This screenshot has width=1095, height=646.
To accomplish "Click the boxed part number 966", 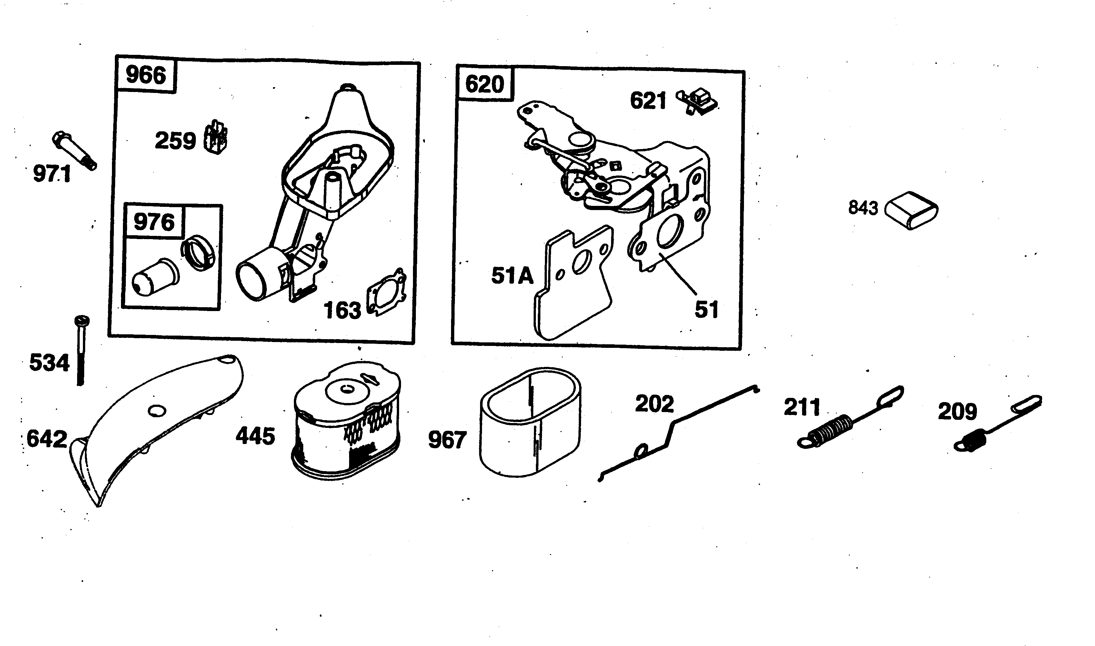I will point(146,75).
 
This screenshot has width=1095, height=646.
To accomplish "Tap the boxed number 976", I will point(154,222).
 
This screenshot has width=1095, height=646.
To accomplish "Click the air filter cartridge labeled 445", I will point(346,422).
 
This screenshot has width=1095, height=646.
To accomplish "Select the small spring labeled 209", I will point(997,424).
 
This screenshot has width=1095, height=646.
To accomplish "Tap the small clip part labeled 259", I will point(216,137).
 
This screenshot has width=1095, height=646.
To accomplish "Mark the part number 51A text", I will point(512,276).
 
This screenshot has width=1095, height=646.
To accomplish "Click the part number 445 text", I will point(256,436).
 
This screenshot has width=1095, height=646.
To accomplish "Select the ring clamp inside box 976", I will point(198,252).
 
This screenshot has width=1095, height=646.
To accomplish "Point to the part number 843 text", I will point(863,208).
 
